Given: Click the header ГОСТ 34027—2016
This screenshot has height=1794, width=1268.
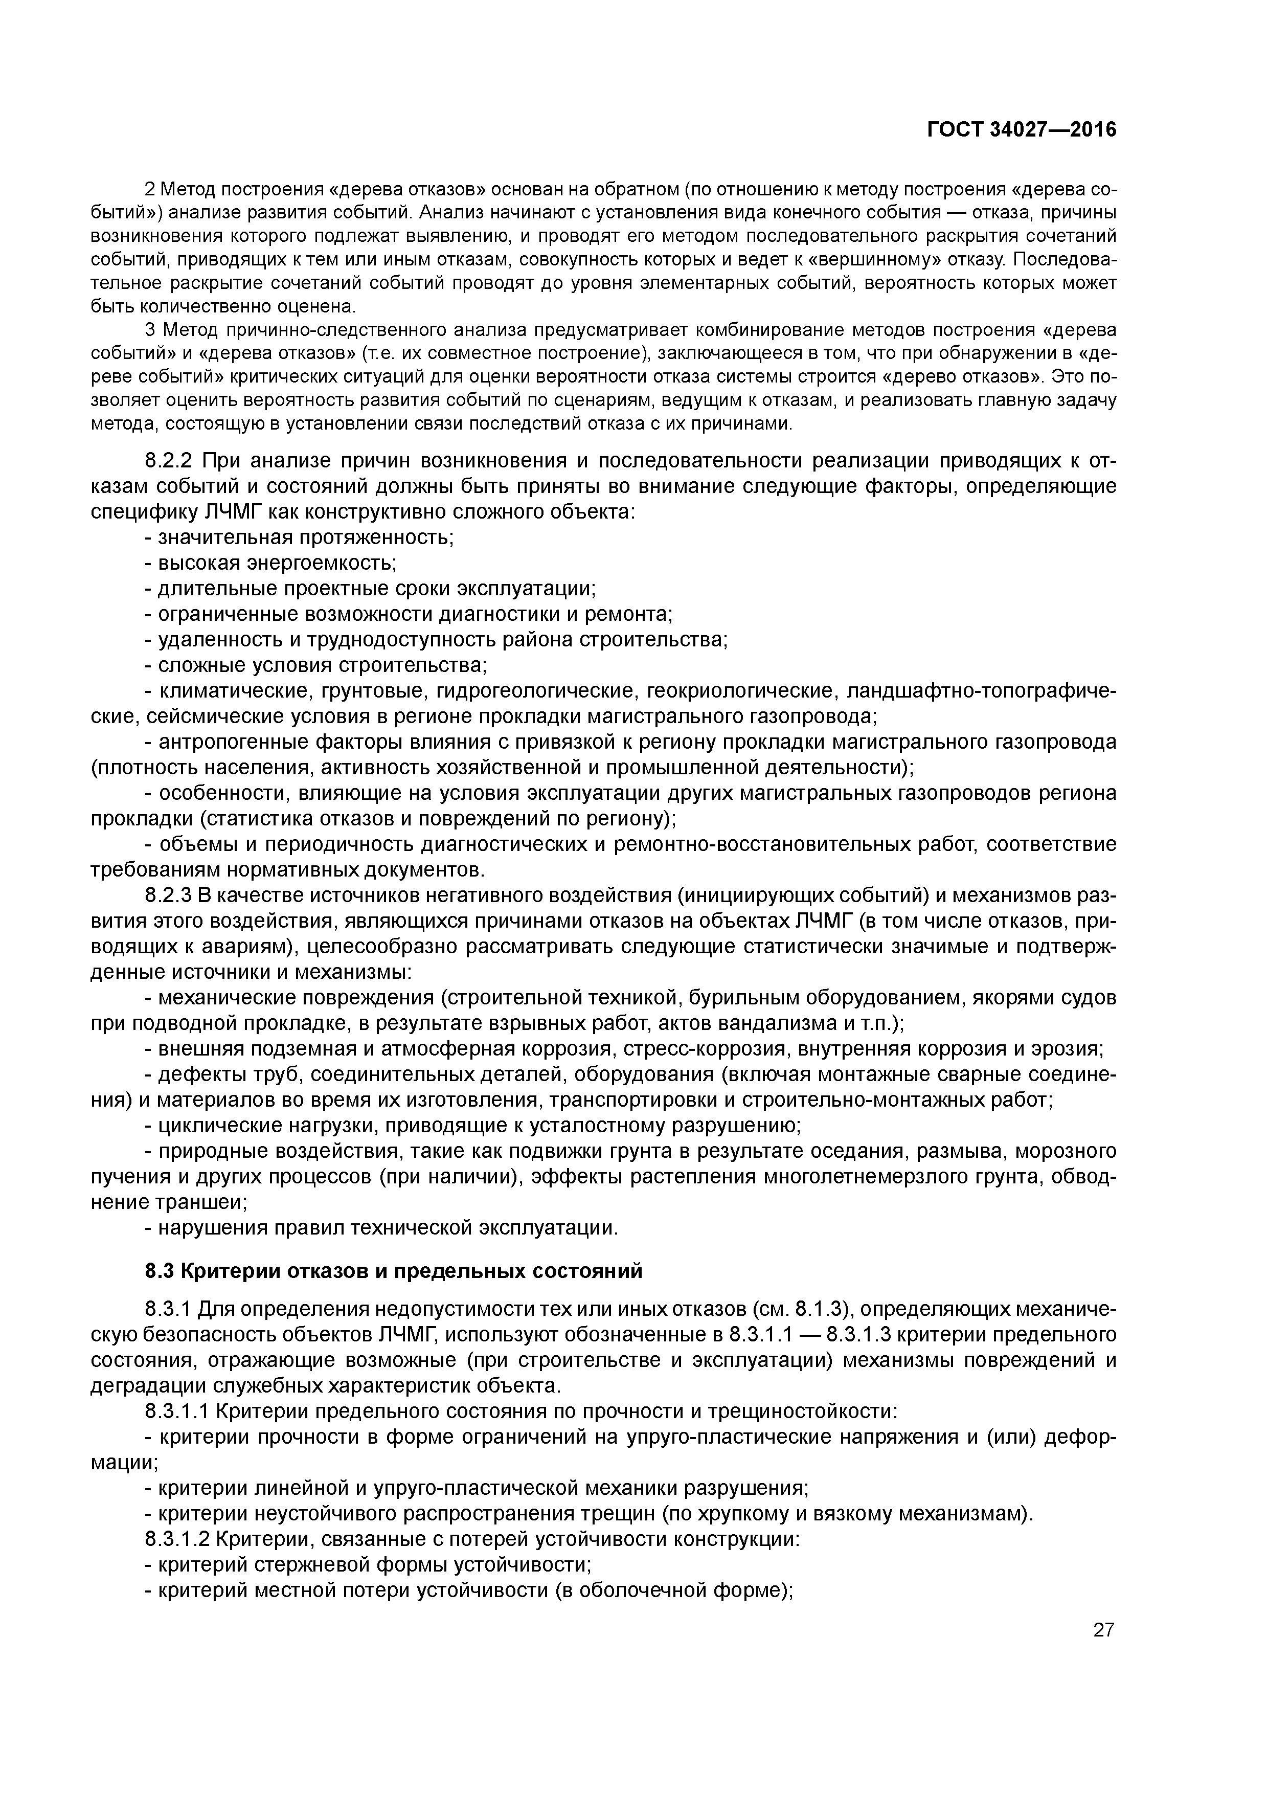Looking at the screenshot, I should point(1021,130).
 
